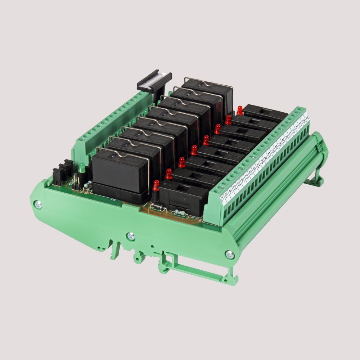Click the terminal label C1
[x=222, y=198]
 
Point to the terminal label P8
[x=307, y=118]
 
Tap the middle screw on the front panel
[x=131, y=236]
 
